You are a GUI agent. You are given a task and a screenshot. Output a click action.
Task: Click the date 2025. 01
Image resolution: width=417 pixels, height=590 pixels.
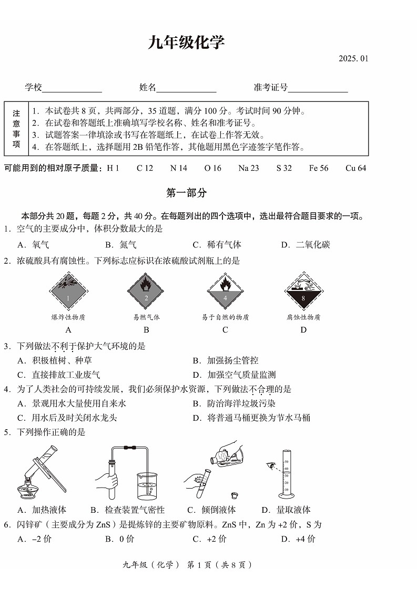[x=353, y=58]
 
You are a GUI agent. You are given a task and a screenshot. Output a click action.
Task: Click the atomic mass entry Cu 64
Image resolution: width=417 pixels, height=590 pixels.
[x=355, y=168]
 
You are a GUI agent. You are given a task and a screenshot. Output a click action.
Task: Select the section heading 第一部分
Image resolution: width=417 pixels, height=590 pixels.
[x=186, y=193]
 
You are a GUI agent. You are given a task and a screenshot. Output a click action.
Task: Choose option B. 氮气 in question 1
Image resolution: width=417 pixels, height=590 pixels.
[x=120, y=245]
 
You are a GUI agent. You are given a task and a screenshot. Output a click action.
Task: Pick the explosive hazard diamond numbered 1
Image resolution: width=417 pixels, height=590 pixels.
[x=68, y=292]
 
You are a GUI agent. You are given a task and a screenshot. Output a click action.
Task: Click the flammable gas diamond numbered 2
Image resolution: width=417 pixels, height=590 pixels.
[x=146, y=292]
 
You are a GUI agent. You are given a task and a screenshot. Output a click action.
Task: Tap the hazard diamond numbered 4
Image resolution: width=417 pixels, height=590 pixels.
[x=225, y=292]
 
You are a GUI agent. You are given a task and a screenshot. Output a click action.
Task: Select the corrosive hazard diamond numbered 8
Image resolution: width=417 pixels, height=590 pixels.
[x=303, y=292]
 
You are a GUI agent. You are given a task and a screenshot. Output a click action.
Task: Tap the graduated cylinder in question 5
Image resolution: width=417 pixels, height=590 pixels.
[x=287, y=475]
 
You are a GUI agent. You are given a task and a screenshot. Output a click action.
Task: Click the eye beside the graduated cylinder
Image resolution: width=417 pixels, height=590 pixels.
[x=271, y=464]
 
